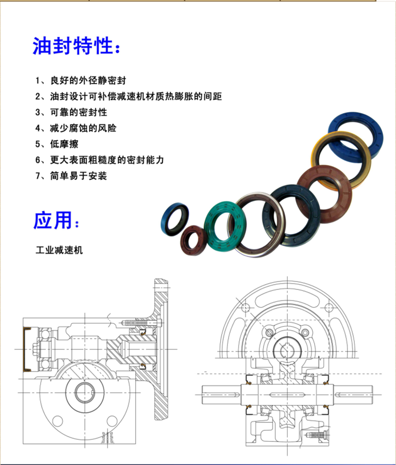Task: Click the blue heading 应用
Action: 56,220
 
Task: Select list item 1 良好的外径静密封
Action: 81,80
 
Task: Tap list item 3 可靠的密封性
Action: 71,112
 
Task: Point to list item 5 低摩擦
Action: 57,144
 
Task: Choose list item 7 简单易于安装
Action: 71,176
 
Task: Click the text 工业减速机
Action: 59,250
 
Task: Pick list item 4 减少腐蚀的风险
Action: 76,128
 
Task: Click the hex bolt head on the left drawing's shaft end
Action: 34,350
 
